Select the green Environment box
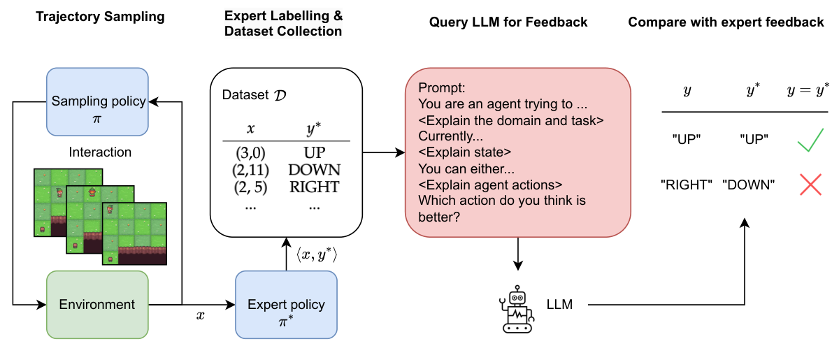[97, 305]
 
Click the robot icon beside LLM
[517, 308]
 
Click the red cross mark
[810, 185]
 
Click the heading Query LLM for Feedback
[508, 22]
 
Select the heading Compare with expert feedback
[726, 22]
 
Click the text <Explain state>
[465, 152]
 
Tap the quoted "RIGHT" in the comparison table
[687, 185]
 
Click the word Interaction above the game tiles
[100, 152]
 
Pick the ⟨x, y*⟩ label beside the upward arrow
[316, 256]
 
